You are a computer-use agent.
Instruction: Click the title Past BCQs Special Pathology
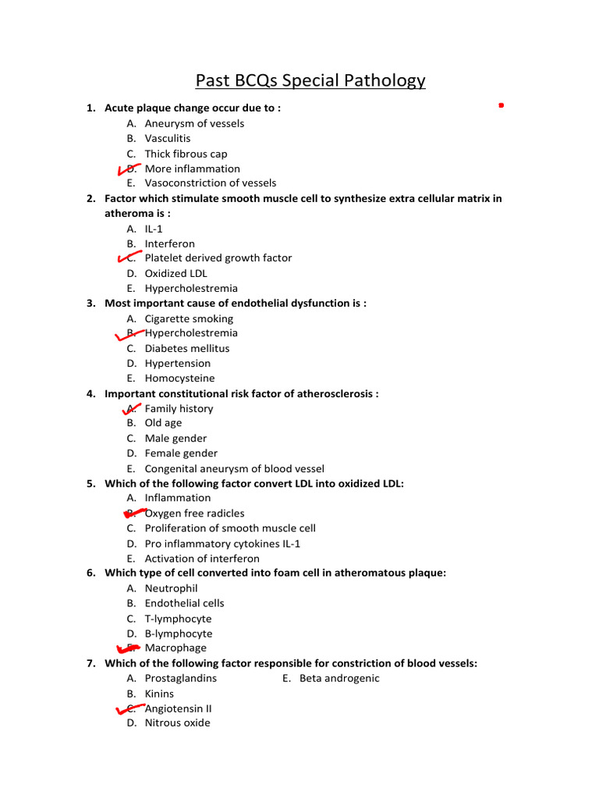tap(310, 80)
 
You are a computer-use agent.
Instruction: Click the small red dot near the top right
tap(501, 104)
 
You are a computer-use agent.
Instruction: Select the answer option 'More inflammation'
tap(192, 169)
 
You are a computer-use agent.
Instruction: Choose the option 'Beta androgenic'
tap(339, 678)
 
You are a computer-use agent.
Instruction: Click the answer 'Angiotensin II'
tap(178, 708)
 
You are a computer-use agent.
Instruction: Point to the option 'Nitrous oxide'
tap(177, 723)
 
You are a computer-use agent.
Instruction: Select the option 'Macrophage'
tap(175, 648)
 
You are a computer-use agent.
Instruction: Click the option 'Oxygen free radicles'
tap(194, 513)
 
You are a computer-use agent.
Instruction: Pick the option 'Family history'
tap(179, 409)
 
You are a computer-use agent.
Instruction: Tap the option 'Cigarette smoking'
tap(189, 318)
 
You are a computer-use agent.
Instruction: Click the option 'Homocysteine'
tap(179, 378)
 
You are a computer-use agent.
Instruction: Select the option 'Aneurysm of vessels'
tap(194, 123)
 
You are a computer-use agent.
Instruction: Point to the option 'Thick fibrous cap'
tap(186, 154)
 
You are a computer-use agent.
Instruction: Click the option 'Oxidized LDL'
tap(175, 273)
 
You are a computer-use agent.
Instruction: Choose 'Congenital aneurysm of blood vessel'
tap(234, 469)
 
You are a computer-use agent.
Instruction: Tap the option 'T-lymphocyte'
tap(178, 619)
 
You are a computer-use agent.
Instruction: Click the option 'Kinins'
tap(159, 694)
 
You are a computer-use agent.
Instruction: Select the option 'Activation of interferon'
tap(202, 559)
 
